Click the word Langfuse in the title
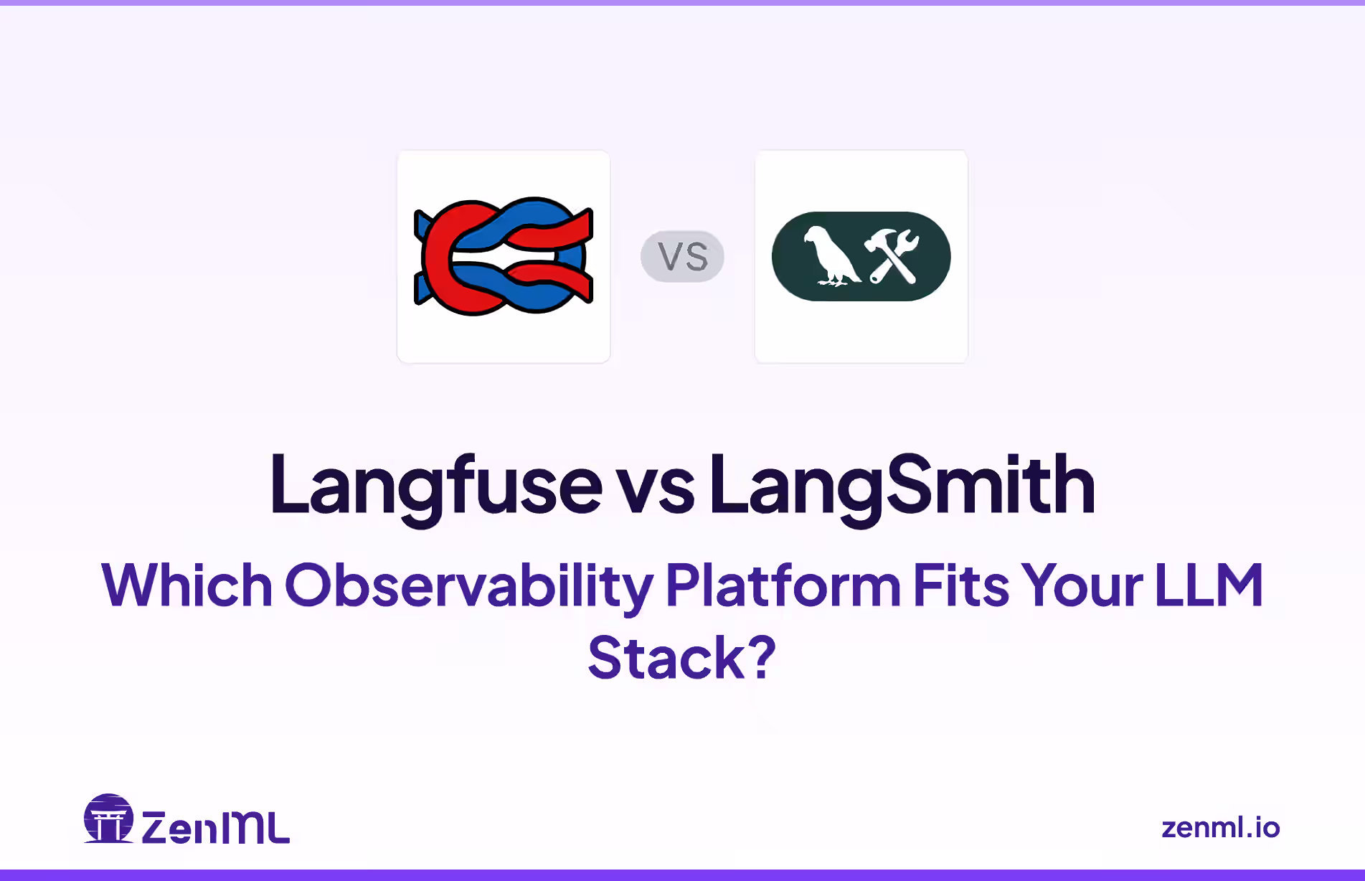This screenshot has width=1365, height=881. pos(435,486)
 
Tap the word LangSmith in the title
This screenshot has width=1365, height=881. pos(902,486)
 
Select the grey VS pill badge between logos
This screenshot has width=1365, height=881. pos(682,256)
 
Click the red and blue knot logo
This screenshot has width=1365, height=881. pos(504,256)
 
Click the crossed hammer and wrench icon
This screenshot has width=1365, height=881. pos(892,256)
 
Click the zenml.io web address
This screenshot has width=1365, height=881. pos(1220,828)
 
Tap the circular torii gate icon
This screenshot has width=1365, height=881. pos(109,819)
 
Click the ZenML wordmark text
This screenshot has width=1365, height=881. pos(215,828)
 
